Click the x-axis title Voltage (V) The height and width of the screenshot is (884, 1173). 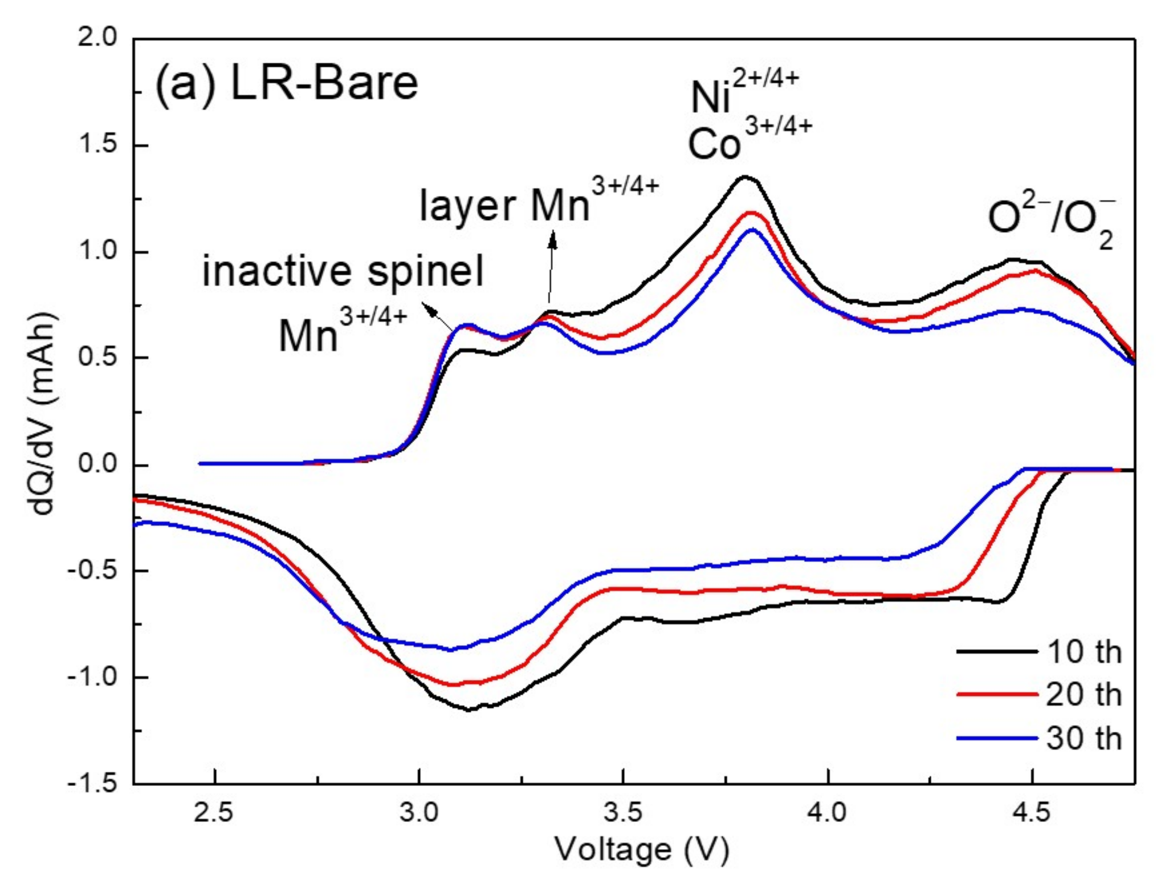point(642,850)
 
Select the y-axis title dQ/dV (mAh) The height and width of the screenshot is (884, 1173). point(43,413)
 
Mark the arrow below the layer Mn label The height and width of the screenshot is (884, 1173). point(551,268)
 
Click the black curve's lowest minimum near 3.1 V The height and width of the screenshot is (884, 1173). point(469,710)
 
